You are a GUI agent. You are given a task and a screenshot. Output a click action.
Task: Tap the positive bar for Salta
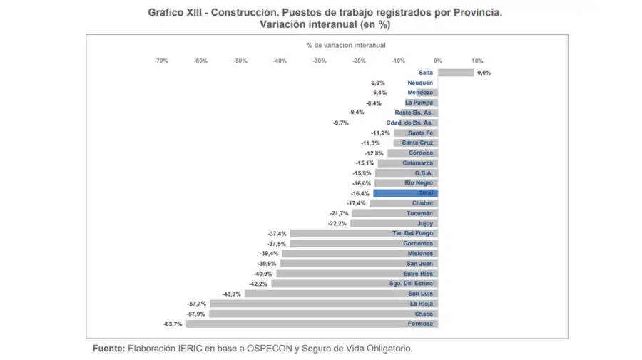point(455,72)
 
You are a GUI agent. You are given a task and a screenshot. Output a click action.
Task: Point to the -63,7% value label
point(173,324)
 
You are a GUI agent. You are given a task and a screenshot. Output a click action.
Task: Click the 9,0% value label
point(484,72)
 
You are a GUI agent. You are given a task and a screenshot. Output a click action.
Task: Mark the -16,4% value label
point(361,193)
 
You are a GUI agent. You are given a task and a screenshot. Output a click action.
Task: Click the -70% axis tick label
point(161,61)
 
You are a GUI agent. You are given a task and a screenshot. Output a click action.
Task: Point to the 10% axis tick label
point(477,61)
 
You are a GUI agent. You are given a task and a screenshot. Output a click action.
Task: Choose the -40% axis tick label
point(280,61)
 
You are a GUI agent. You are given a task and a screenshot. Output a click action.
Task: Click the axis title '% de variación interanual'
point(346,45)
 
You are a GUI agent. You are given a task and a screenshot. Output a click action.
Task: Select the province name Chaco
point(424,314)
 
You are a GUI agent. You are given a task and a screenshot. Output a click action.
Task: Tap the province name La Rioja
point(421,304)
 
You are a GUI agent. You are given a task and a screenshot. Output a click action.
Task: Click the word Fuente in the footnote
point(108,349)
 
